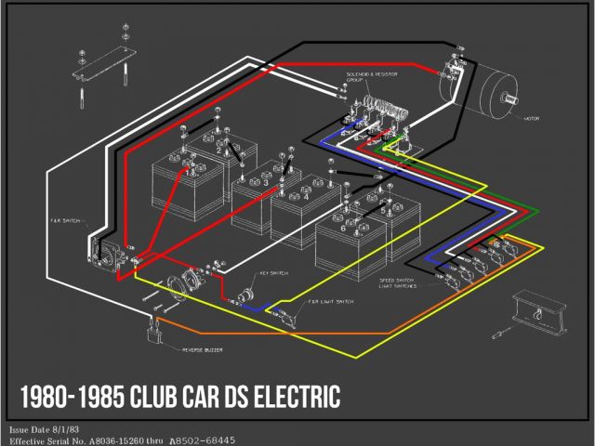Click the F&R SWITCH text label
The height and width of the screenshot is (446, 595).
click(x=69, y=222)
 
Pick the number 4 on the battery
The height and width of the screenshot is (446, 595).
click(x=305, y=196)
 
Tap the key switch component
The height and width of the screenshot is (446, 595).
click(x=245, y=297)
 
